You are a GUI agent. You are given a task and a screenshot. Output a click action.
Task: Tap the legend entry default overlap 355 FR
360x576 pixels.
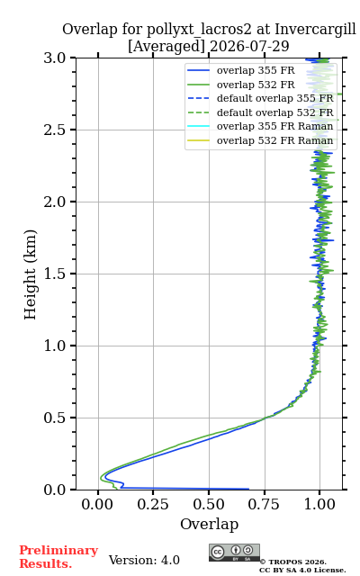[260, 98]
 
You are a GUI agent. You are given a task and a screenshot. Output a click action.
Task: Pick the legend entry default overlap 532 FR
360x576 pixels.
[260, 112]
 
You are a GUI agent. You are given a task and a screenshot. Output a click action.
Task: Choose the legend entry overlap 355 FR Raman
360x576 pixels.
[260, 126]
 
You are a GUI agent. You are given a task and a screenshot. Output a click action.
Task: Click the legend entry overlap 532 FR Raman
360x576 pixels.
[260, 140]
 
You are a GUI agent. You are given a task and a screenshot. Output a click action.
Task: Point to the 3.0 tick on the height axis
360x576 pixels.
[55, 58]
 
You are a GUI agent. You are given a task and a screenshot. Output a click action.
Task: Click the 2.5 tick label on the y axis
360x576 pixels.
[55, 130]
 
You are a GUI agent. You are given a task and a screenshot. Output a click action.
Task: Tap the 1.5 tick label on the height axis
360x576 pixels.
[55, 274]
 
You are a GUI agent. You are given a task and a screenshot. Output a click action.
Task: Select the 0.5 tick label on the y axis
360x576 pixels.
[55, 418]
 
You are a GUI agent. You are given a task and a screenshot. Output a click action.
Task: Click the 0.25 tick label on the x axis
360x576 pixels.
[153, 504]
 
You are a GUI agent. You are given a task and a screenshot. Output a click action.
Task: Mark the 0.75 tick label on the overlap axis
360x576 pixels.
[264, 504]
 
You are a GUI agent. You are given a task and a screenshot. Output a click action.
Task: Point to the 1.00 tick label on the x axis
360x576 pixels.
[319, 504]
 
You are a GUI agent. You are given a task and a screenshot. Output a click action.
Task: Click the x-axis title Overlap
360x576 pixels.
[210, 524]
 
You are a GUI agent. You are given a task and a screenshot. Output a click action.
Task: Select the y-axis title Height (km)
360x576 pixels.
[30, 274]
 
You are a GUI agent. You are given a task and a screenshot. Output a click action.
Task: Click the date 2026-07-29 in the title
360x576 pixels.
[249, 46]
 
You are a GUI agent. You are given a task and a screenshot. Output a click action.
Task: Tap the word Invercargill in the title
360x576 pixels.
[315, 30]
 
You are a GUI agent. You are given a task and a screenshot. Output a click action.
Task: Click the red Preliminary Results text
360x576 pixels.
[58, 557]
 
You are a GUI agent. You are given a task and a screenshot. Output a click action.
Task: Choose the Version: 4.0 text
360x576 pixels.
[144, 560]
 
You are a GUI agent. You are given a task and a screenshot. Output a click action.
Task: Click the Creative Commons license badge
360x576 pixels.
[234, 553]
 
